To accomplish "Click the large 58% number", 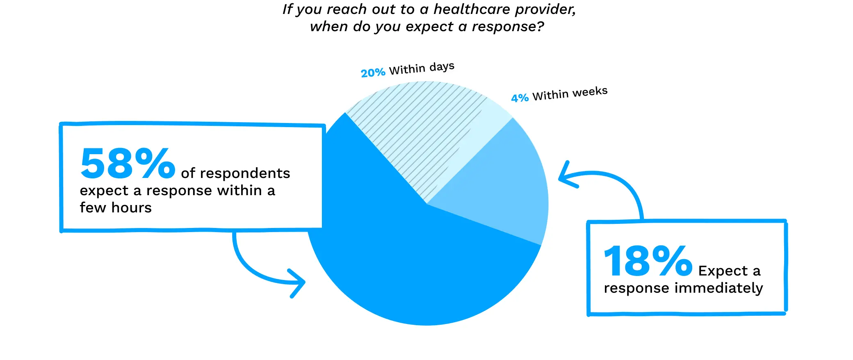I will (128, 164).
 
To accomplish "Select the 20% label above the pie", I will (373, 73).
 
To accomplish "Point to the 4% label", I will (520, 98).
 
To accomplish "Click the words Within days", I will (422, 68).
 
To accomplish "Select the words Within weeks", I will (570, 93).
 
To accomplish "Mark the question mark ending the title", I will (540, 27).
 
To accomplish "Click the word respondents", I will (245, 173).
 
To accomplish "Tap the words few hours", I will (116, 208).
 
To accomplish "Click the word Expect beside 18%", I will (723, 271).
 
